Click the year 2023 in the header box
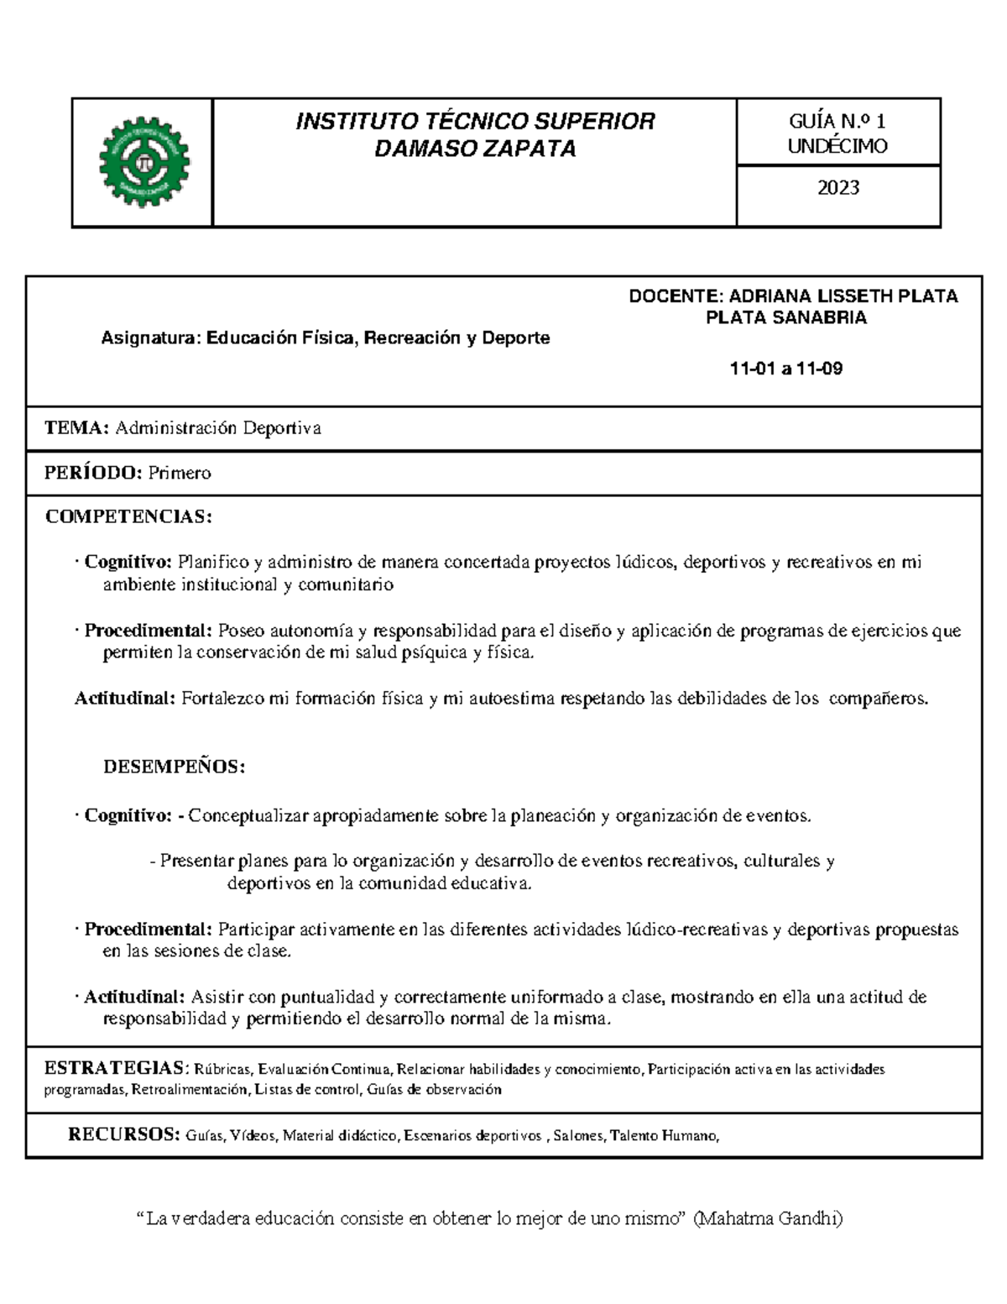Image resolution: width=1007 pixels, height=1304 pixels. click(x=838, y=187)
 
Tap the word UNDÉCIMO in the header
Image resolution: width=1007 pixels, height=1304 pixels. click(x=837, y=146)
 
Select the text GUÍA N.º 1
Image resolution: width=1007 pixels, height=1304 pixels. click(x=837, y=122)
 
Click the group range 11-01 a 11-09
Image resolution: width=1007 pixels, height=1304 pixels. click(x=786, y=369)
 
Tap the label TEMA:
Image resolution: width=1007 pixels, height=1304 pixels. click(x=76, y=428)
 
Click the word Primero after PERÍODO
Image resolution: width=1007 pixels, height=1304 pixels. click(x=180, y=473)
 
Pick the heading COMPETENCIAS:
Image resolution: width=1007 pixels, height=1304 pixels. click(x=128, y=516)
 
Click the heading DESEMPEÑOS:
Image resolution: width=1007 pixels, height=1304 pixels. click(x=174, y=767)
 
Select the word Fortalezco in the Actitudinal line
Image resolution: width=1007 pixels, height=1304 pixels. click(x=222, y=699)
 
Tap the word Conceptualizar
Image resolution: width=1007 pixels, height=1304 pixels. click(x=248, y=815)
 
